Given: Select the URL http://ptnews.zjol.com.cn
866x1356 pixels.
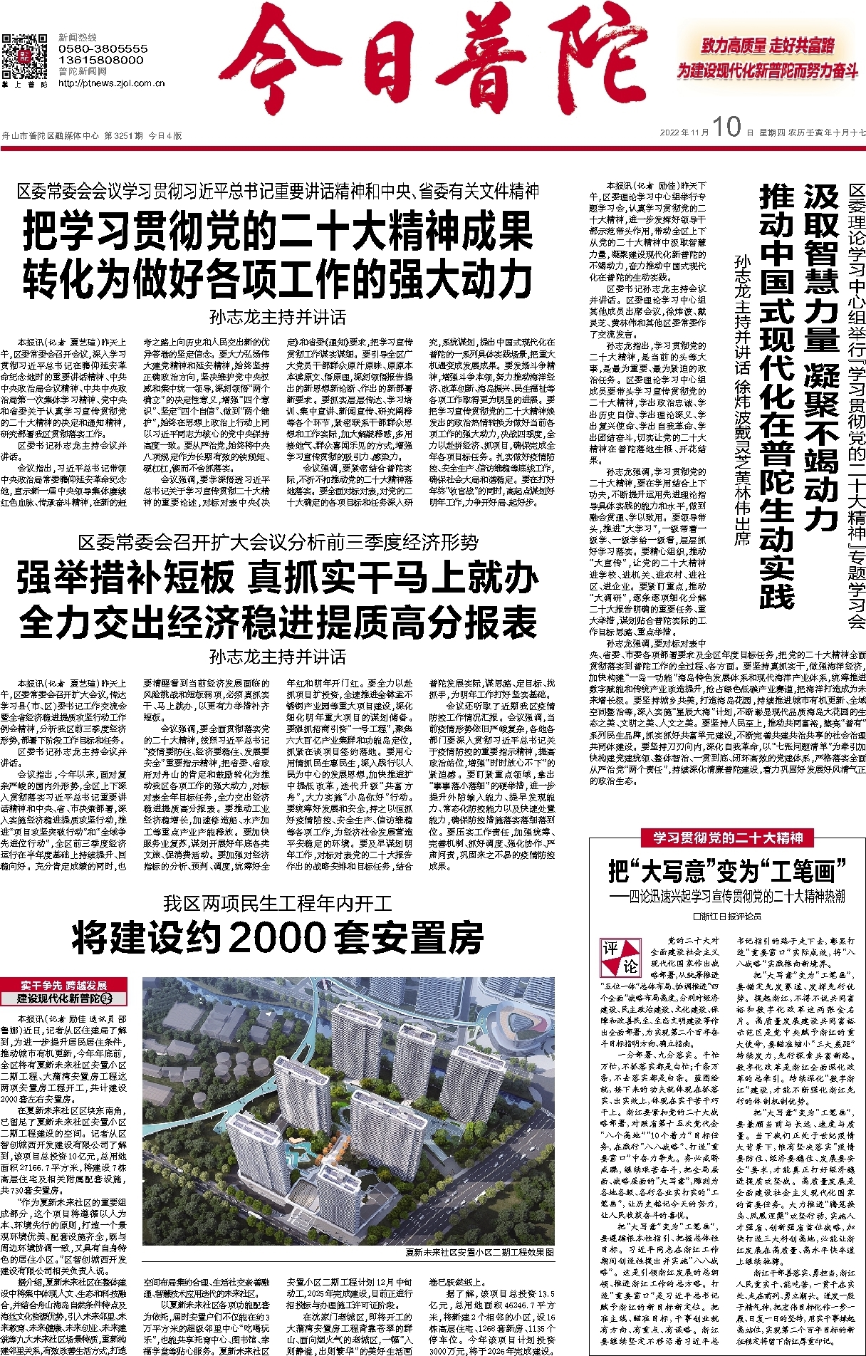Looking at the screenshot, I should click(111, 83).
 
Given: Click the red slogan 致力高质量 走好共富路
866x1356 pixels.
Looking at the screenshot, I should click(768, 46).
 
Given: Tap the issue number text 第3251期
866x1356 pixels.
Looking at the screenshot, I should click(123, 135).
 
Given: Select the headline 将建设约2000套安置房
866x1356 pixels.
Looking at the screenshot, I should click(278, 938).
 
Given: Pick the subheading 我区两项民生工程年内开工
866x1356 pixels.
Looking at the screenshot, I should click(278, 904).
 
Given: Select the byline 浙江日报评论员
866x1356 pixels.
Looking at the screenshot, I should click(726, 916).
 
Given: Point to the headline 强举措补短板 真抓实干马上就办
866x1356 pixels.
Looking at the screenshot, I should click(278, 578).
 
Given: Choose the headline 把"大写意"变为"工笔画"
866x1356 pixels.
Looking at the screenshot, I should click(726, 872).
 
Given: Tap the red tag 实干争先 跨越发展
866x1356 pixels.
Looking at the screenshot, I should click(64, 985).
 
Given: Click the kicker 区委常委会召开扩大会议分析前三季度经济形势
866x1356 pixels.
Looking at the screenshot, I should click(278, 543).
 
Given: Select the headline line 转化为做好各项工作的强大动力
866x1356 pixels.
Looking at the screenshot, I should click(278, 278).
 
